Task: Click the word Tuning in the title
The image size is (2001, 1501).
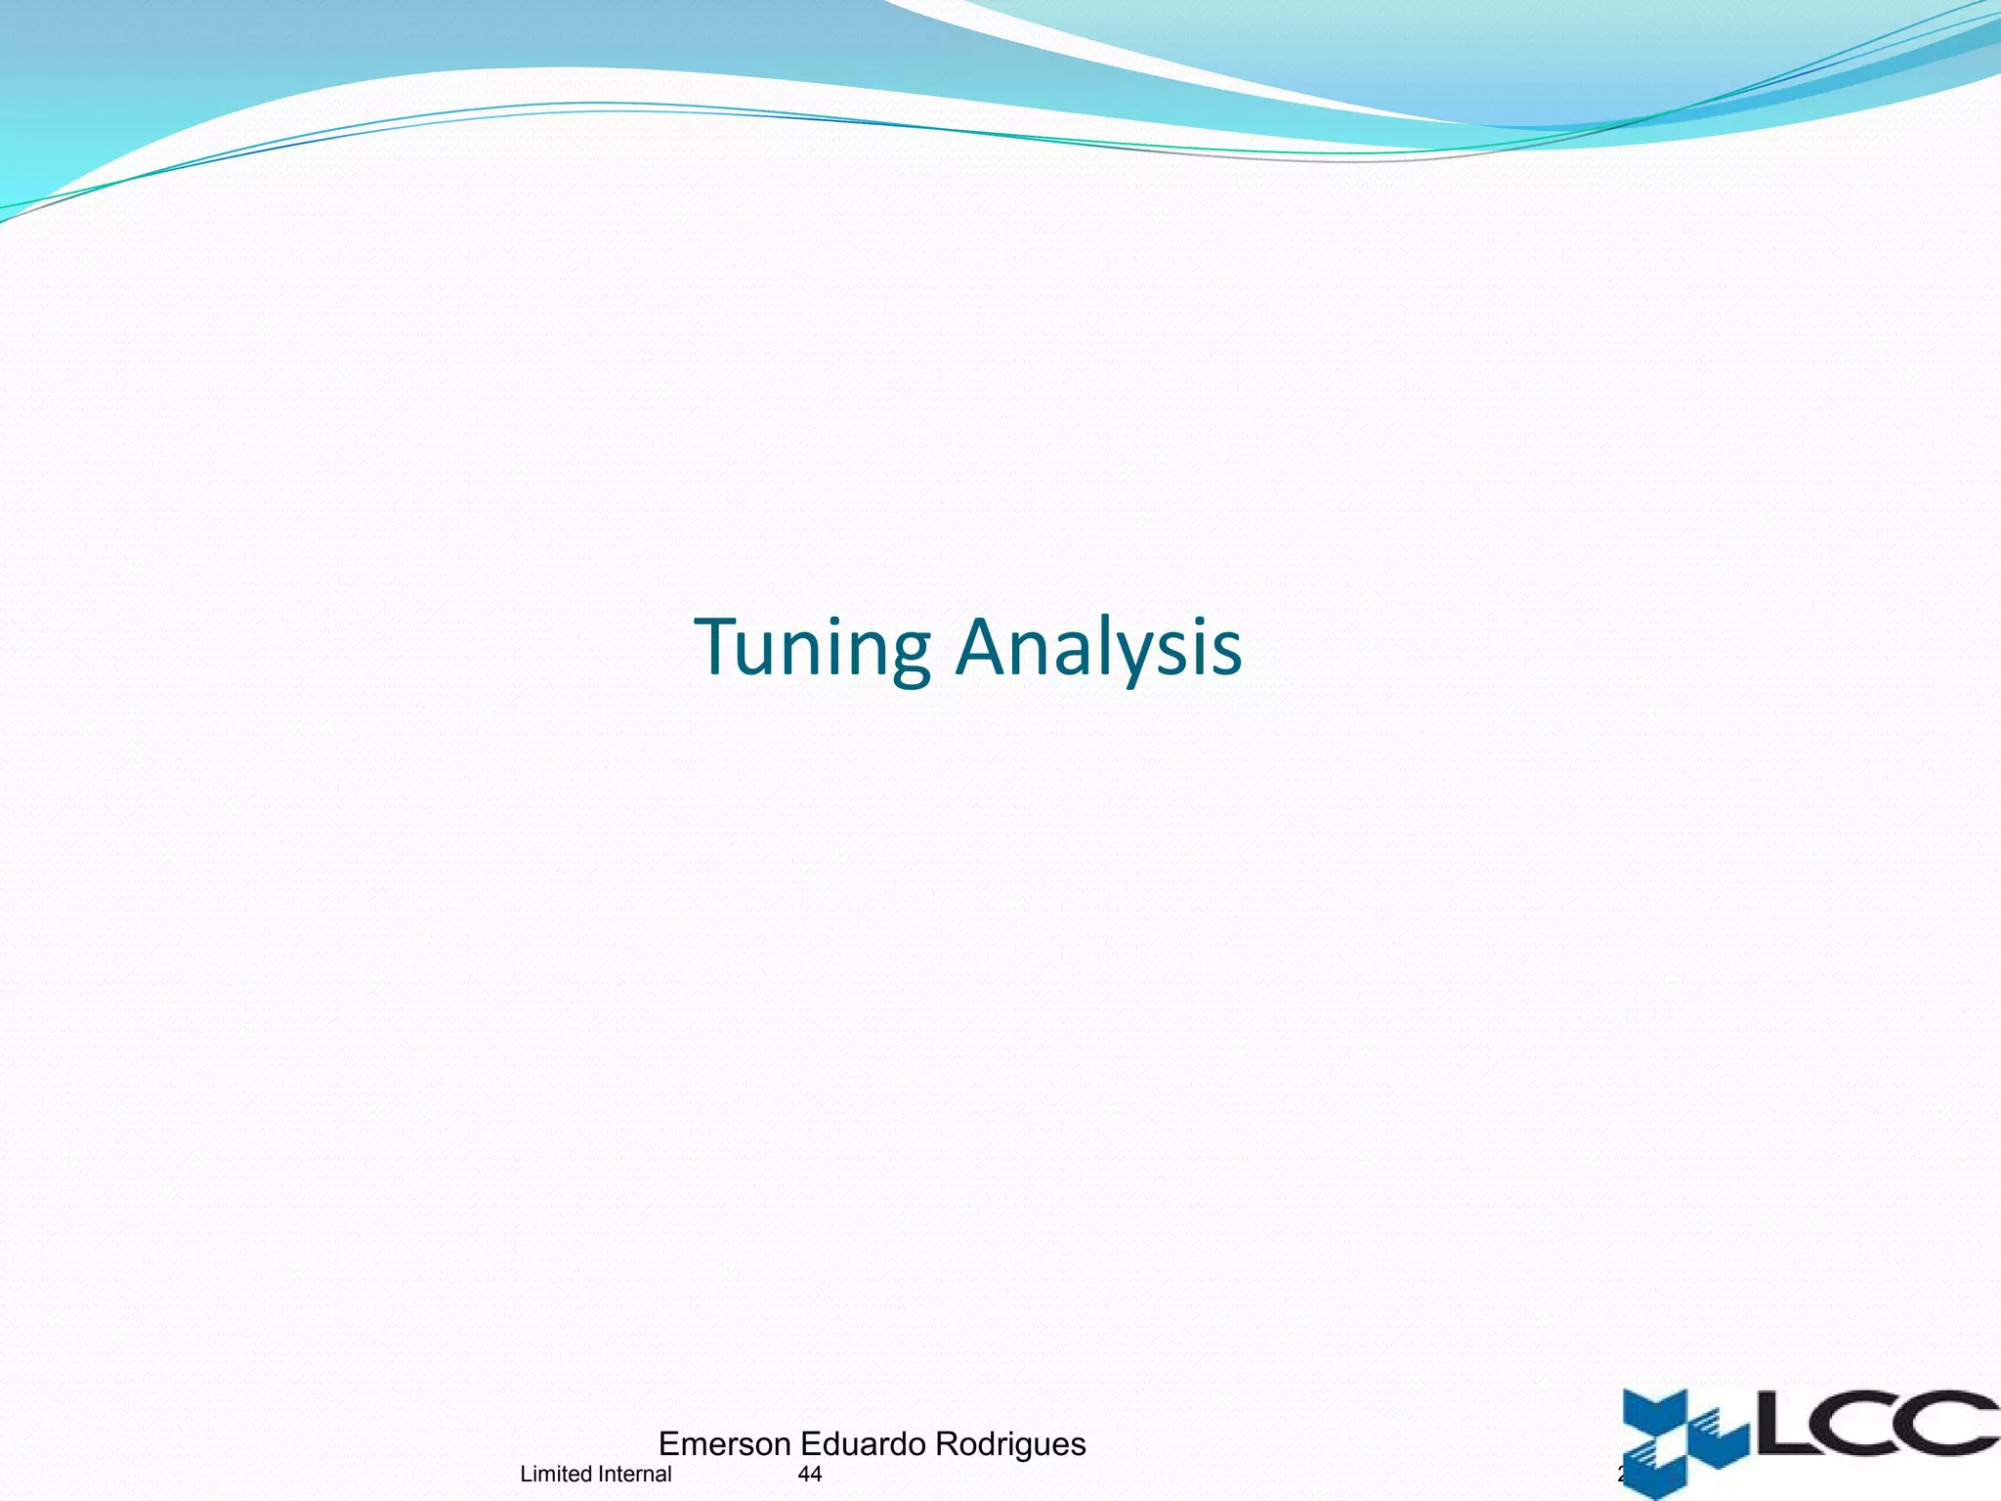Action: pyautogui.click(x=812, y=647)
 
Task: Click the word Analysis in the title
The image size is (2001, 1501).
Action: pyautogui.click(x=1098, y=647)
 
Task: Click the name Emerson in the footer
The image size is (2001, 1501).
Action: pyautogui.click(x=724, y=1443)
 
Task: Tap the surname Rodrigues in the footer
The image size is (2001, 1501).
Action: pyautogui.click(x=1010, y=1444)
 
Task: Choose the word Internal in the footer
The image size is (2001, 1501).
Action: pyautogui.click(x=635, y=1474)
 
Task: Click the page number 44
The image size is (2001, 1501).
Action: pyautogui.click(x=810, y=1474)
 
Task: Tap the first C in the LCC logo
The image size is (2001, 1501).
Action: pyautogui.click(x=1861, y=1423)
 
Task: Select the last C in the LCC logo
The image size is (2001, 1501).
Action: pyautogui.click(x=1954, y=1423)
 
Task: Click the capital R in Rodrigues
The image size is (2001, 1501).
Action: pyautogui.click(x=947, y=1443)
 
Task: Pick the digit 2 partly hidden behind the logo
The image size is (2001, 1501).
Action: pyautogui.click(x=1621, y=1474)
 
